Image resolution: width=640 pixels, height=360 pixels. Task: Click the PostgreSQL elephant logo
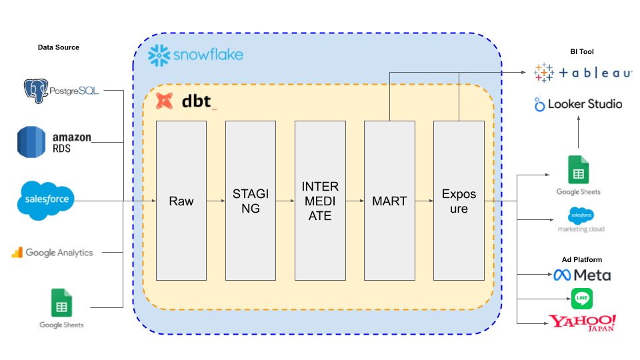click(37, 90)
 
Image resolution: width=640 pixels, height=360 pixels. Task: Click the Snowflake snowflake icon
click(159, 55)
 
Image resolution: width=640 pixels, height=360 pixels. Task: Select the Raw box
click(181, 201)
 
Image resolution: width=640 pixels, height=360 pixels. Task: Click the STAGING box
click(251, 201)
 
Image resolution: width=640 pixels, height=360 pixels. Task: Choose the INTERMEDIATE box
click(320, 201)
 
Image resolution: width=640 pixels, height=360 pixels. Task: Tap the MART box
click(389, 201)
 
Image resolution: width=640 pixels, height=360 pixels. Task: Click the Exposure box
click(459, 201)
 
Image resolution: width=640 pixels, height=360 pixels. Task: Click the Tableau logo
click(583, 73)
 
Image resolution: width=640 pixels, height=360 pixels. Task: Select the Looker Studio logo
click(578, 104)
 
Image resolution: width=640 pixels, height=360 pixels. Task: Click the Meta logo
click(582, 275)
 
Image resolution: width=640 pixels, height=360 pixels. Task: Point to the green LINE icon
click(582, 298)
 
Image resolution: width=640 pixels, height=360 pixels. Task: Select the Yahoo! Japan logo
click(582, 323)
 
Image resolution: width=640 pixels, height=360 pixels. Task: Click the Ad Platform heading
click(581, 259)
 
